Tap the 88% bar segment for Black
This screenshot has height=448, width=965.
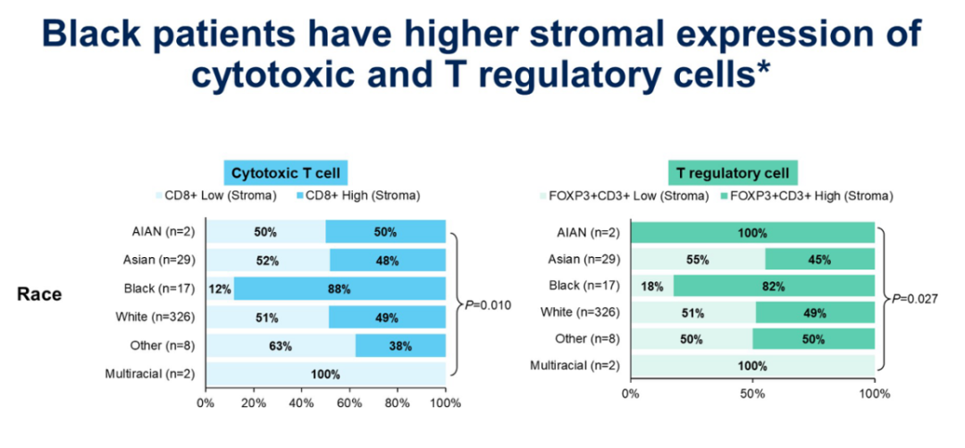coord(340,289)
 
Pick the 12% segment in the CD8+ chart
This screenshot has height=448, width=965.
coord(220,289)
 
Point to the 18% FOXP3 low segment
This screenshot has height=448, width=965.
coord(651,286)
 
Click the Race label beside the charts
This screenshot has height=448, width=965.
coord(39,294)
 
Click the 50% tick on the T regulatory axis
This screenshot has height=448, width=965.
coord(752,393)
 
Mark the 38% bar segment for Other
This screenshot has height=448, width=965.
coord(400,345)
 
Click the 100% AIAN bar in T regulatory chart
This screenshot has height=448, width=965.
coord(752,233)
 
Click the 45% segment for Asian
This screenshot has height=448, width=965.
coord(819,260)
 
